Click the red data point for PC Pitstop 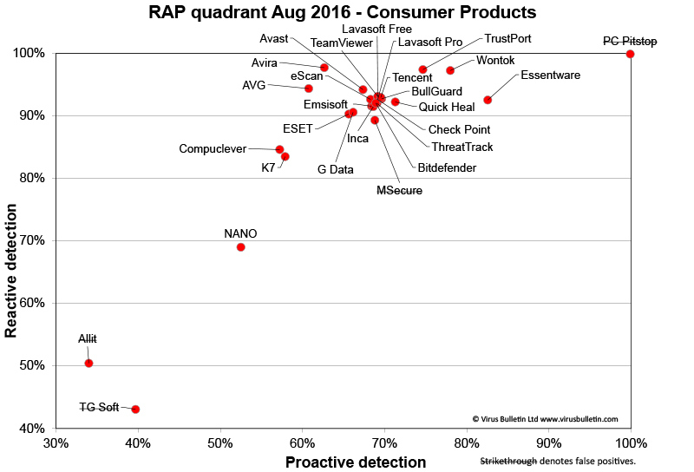click(x=630, y=54)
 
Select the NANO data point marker click(x=241, y=247)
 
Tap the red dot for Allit click(x=88, y=364)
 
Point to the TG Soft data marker click(x=135, y=409)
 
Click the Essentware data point click(x=488, y=100)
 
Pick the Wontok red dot click(x=450, y=70)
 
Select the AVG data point click(x=308, y=88)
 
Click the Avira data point click(x=324, y=68)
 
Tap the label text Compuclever click(x=213, y=148)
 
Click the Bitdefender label click(x=447, y=167)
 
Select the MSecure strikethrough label click(x=399, y=190)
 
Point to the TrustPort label click(x=507, y=39)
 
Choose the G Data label click(x=336, y=169)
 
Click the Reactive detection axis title click(x=13, y=271)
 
